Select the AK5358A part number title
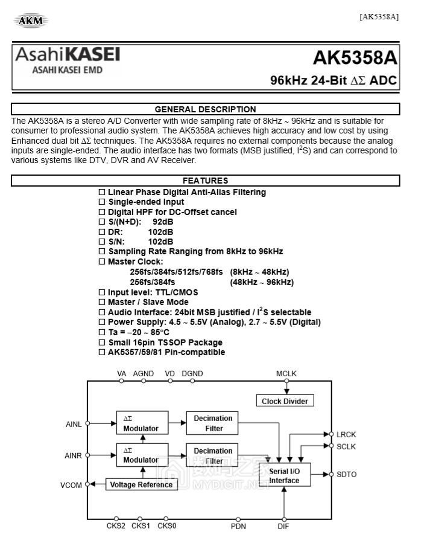click(355, 58)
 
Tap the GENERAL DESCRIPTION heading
click(205, 109)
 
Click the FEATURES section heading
click(205, 181)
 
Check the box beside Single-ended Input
click(102, 202)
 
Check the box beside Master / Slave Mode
click(102, 302)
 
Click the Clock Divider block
click(285, 401)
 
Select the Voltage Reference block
click(142, 484)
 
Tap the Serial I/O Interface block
click(284, 476)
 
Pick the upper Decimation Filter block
click(213, 423)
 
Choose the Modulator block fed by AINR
click(142, 455)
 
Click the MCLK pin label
click(286, 374)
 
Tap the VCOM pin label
click(71, 485)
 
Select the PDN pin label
click(238, 526)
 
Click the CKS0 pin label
click(166, 526)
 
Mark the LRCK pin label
click(346, 434)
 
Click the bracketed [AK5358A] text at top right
click(379, 16)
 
